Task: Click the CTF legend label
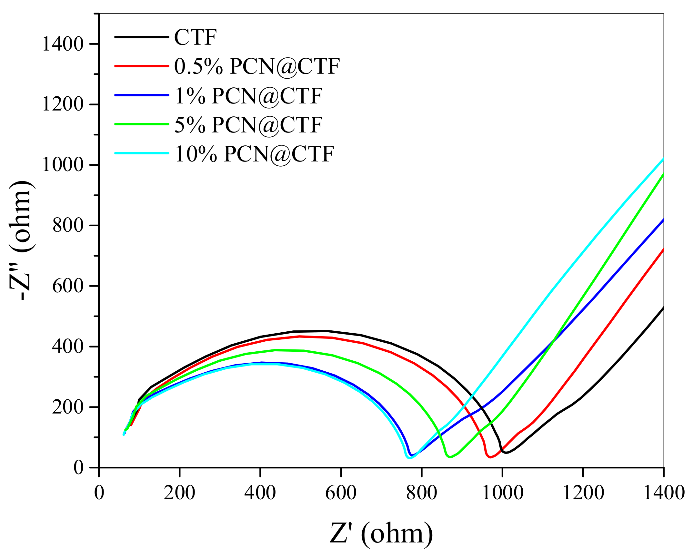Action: (x=195, y=37)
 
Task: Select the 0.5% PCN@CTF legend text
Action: (x=257, y=67)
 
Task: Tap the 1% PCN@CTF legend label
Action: (x=248, y=96)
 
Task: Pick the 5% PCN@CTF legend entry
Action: (x=248, y=125)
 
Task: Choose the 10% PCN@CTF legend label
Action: (x=254, y=154)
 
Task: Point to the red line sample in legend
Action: (x=142, y=66)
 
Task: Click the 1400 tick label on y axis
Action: (x=63, y=44)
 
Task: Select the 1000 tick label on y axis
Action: (x=63, y=165)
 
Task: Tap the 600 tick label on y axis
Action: (x=68, y=286)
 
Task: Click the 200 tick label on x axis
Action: (x=179, y=493)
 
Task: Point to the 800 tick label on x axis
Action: (x=421, y=493)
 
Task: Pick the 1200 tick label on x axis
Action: (x=583, y=493)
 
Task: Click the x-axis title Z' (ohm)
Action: (x=381, y=533)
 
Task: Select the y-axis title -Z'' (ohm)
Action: (x=21, y=240)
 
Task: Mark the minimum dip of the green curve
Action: (x=450, y=457)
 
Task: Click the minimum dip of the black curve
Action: (x=506, y=453)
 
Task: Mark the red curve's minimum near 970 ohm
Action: (x=490, y=457)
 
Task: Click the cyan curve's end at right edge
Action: (x=663, y=158)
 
